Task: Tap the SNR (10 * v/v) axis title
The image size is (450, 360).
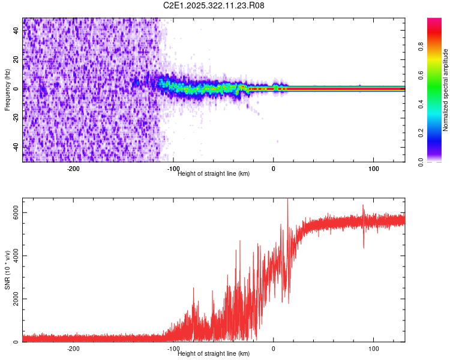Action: coord(7,270)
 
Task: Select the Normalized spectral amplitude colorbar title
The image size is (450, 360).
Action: coord(445,90)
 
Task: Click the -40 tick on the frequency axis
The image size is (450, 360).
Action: coord(16,147)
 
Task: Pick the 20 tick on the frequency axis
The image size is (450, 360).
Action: coord(16,60)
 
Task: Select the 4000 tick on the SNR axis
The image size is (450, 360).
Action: coord(16,256)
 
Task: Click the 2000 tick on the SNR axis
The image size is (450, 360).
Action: coord(16,299)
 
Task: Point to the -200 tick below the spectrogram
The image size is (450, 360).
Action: coord(74,169)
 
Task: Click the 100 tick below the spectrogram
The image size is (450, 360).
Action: coord(373,169)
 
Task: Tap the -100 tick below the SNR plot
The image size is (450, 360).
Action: coord(173,349)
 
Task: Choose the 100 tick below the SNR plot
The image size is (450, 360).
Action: coord(373,349)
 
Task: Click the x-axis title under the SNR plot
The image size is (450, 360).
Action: coord(214,354)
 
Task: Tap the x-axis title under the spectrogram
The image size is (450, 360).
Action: coord(214,174)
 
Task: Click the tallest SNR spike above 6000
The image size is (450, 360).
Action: coord(288,202)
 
